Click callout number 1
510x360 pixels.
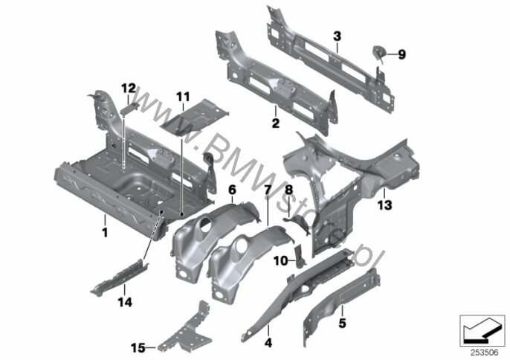(105, 232)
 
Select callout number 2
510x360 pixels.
(275, 123)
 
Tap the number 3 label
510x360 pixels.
(336, 36)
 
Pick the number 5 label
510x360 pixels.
(343, 324)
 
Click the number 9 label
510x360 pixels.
(402, 54)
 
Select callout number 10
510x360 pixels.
(280, 260)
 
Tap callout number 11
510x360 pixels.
(183, 97)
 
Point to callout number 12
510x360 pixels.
(128, 89)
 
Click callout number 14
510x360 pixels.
(126, 301)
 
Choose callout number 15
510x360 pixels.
(138, 347)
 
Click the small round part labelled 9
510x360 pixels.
(379, 52)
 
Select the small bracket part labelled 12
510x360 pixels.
(128, 108)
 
